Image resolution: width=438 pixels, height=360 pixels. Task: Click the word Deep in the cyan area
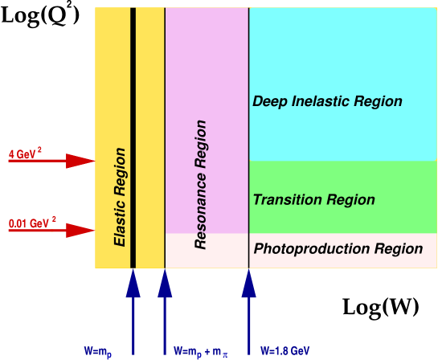pyautogui.click(x=269, y=102)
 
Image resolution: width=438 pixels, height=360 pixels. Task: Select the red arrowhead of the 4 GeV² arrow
pyautogui.click(x=81, y=161)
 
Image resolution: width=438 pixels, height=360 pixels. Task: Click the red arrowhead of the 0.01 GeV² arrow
pyautogui.click(x=81, y=231)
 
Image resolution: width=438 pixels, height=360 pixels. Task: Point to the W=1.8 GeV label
pyautogui.click(x=284, y=351)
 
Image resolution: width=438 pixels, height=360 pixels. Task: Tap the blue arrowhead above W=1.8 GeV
pyautogui.click(x=249, y=284)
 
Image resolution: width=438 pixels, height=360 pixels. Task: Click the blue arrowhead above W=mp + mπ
pyautogui.click(x=165, y=284)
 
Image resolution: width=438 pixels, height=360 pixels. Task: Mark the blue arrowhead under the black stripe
pyautogui.click(x=133, y=284)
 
